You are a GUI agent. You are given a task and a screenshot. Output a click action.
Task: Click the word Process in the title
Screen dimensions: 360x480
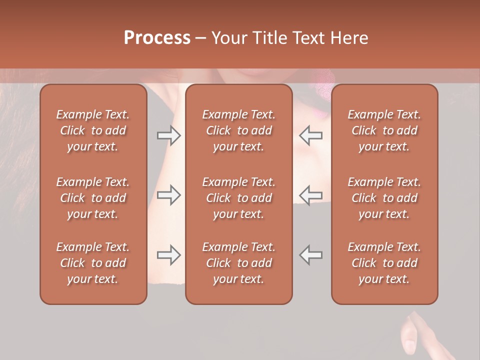pyautogui.click(x=157, y=38)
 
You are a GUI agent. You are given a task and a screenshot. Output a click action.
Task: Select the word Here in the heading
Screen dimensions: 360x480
pyautogui.click(x=348, y=38)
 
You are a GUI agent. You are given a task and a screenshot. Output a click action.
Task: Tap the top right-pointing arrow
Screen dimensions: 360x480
pyautogui.click(x=168, y=135)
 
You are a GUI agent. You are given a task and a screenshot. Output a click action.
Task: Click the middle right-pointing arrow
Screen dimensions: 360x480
pyautogui.click(x=168, y=195)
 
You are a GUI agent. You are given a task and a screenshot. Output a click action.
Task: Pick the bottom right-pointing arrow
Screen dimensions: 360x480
pyautogui.click(x=168, y=255)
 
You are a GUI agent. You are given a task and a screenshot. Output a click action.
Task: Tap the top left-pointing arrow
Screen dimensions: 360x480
pyautogui.click(x=311, y=135)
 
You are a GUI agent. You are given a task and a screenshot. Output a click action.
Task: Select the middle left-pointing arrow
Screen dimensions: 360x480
pyautogui.click(x=311, y=195)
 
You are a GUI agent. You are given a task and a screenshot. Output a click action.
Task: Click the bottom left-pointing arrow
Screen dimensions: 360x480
pyautogui.click(x=311, y=255)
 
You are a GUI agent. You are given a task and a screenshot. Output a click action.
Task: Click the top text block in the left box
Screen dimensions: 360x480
pyautogui.click(x=93, y=130)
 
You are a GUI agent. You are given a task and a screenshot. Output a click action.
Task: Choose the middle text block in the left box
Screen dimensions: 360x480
pyautogui.click(x=93, y=198)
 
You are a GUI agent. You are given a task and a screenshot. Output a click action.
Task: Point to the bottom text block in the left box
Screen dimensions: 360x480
pyautogui.click(x=93, y=263)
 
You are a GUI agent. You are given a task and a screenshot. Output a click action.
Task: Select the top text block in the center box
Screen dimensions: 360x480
pyautogui.click(x=238, y=130)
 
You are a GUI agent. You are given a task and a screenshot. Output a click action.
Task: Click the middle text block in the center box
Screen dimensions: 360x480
pyautogui.click(x=238, y=198)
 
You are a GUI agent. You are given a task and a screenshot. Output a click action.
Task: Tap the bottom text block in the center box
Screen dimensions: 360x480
pyautogui.click(x=238, y=263)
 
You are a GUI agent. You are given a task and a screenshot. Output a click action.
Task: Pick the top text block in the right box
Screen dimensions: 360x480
pyautogui.click(x=384, y=130)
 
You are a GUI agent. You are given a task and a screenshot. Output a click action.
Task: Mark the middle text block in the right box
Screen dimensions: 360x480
pyautogui.click(x=384, y=198)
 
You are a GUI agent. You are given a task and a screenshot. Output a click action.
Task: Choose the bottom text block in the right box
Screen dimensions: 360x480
pyautogui.click(x=384, y=263)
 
